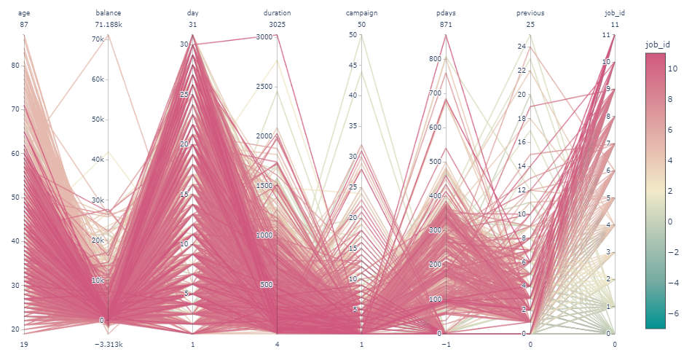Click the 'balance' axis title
tap(108, 13)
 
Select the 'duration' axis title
tap(277, 13)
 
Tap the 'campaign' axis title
tap(361, 13)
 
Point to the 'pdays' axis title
tap(446, 13)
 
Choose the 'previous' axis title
tap(530, 13)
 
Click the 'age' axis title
tap(24, 13)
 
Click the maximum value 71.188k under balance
tap(108, 24)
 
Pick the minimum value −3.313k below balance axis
tap(108, 344)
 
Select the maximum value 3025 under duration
tap(277, 24)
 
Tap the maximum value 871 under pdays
tap(446, 24)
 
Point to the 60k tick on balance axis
tap(97, 79)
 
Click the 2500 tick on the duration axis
tap(263, 87)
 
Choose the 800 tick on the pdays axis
tap(435, 59)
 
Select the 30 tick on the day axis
tap(184, 44)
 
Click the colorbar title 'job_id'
tap(657, 45)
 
